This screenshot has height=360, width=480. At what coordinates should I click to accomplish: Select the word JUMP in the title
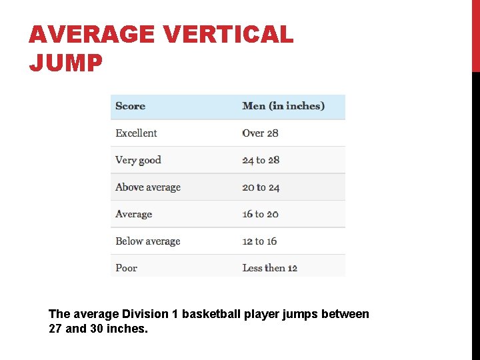point(66,63)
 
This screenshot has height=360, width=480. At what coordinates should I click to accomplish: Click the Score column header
point(130,106)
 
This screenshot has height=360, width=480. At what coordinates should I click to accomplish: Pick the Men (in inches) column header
point(283,106)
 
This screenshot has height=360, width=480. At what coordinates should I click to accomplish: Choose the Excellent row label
point(136,133)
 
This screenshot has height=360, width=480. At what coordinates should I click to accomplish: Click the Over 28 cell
point(260,133)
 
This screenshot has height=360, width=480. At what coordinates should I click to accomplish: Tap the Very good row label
point(138,160)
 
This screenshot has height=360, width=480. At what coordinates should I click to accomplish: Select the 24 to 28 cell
point(261,160)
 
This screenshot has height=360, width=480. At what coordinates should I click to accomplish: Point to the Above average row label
point(148,187)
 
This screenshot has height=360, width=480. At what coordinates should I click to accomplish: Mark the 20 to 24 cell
point(261,187)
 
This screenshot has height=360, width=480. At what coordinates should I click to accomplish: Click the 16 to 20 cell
point(260,214)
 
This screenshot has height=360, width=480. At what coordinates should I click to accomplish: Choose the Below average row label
point(148,241)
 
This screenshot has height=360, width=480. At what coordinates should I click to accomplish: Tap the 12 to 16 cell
point(259,241)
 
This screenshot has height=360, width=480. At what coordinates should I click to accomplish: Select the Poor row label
point(126,268)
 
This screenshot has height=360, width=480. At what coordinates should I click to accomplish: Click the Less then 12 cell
point(269,268)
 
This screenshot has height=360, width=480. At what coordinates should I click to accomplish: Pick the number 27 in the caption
point(55,329)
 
